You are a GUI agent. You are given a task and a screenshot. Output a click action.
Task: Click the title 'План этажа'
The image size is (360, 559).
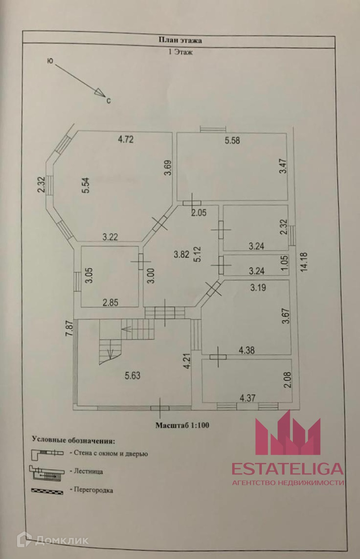(180, 40)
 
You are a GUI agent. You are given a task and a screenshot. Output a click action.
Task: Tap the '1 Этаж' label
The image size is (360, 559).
(180, 51)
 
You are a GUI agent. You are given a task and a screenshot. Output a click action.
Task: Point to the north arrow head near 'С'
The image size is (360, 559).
(100, 93)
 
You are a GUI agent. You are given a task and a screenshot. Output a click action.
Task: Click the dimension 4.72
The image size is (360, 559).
(125, 140)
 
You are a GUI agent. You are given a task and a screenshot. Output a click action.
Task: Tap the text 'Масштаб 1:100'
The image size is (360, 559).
(182, 425)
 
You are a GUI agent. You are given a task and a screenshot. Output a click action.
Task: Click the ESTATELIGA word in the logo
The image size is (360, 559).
(287, 469)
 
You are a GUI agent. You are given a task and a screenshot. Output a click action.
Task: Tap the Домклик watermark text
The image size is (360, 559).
(62, 540)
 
